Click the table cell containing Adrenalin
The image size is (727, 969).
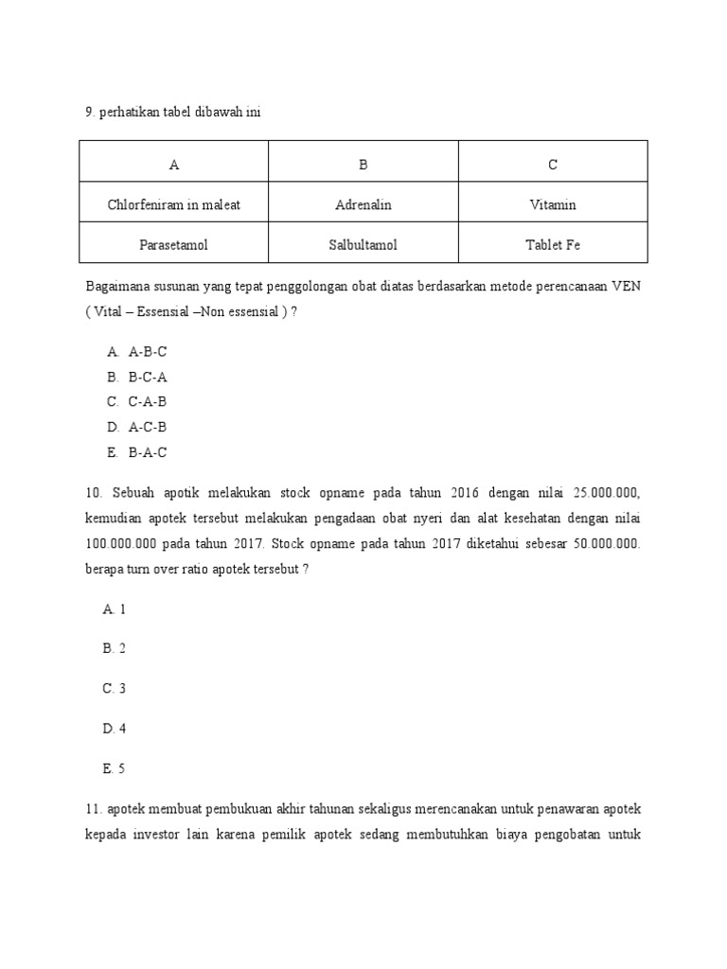363,204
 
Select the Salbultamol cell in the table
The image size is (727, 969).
363,245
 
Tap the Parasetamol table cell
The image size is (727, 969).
174,245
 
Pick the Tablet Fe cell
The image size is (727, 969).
553,245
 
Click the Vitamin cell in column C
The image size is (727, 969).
553,204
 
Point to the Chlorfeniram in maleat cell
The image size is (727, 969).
174,204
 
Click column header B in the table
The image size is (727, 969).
363,165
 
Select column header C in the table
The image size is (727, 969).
553,165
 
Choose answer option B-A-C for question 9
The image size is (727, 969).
147,452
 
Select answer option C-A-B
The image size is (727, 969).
147,401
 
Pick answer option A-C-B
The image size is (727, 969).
147,427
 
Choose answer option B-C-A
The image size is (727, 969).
147,377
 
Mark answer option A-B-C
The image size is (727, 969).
147,352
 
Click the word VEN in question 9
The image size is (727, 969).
626,287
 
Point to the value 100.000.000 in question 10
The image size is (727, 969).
122,544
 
